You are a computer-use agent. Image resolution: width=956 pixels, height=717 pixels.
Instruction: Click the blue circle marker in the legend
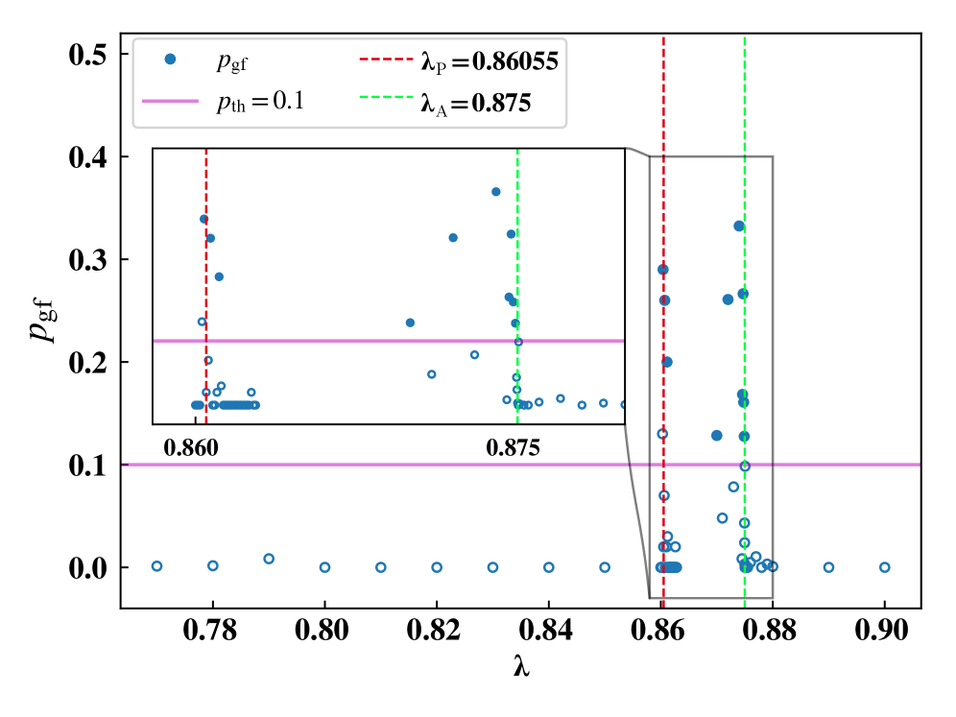point(170,59)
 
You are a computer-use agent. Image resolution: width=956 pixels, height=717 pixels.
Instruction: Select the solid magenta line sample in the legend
point(170,101)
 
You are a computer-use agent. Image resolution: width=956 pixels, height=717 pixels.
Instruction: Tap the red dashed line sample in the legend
point(386,59)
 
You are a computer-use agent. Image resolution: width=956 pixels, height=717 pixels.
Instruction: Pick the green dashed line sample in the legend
point(386,97)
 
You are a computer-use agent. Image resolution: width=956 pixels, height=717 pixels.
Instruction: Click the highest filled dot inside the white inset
point(496,192)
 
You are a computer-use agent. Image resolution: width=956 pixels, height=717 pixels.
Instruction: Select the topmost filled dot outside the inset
point(739,227)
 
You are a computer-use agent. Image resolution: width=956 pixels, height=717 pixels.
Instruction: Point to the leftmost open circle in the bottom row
point(156,566)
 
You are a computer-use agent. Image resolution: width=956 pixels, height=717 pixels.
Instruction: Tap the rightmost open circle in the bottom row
point(885,567)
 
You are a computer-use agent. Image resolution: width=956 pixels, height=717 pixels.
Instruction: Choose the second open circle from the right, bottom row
point(828,567)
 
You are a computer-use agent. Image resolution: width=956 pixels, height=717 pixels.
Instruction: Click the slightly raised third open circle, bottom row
point(269,559)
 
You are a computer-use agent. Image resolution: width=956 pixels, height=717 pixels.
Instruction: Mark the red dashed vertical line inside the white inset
point(205,288)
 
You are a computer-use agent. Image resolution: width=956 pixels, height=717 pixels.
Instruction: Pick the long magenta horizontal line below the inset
point(384,465)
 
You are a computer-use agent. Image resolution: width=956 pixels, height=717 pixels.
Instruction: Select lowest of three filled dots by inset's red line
point(219,276)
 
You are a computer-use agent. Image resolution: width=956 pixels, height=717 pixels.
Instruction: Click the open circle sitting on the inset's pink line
point(518,342)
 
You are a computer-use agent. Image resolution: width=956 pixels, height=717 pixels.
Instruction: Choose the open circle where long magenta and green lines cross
point(745,466)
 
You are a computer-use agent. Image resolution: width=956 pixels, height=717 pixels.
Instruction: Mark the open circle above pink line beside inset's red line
point(202,322)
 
